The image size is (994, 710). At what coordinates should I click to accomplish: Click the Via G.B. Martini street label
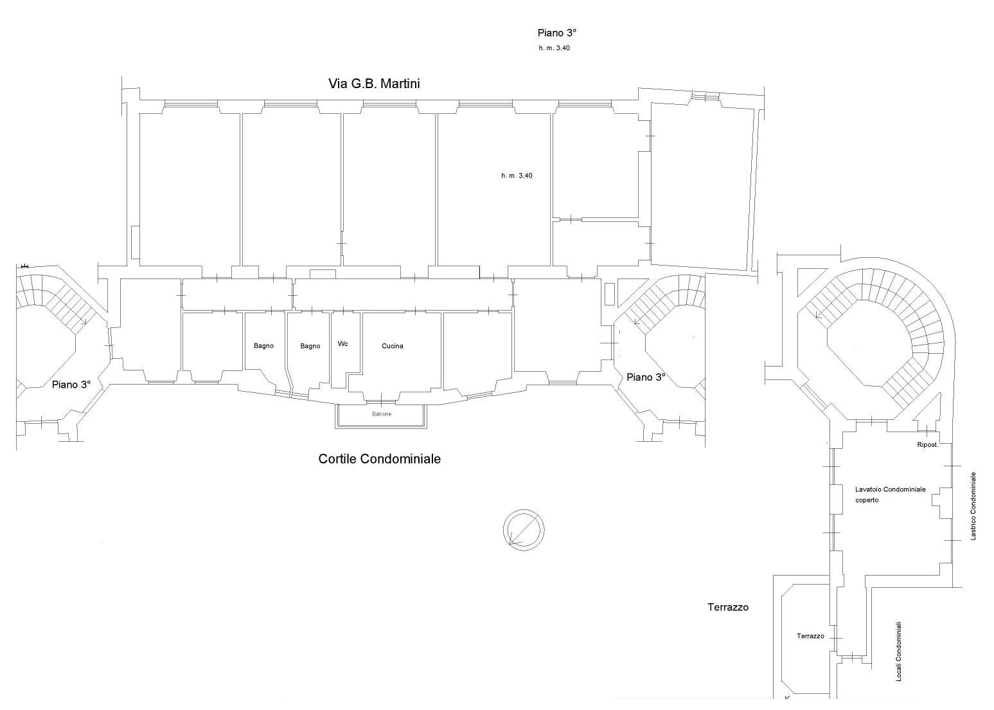pyautogui.click(x=374, y=84)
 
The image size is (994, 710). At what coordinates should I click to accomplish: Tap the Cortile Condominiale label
pyautogui.click(x=379, y=459)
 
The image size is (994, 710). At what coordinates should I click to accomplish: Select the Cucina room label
pyautogui.click(x=393, y=346)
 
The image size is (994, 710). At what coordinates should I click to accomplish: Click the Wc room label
pyautogui.click(x=342, y=343)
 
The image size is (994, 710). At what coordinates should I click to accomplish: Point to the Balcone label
pyautogui.click(x=382, y=414)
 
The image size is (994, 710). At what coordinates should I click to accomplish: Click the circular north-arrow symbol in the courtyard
pyautogui.click(x=524, y=530)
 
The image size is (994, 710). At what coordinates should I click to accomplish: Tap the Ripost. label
pyautogui.click(x=927, y=445)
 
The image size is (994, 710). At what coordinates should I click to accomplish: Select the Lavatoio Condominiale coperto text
pyautogui.click(x=890, y=495)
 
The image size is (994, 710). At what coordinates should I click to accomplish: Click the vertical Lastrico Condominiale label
pyautogui.click(x=973, y=505)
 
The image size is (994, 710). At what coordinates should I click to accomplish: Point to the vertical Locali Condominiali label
pyautogui.click(x=899, y=651)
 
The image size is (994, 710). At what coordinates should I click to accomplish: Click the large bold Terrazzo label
pyautogui.click(x=728, y=607)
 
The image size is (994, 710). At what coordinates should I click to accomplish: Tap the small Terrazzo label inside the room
pyautogui.click(x=810, y=636)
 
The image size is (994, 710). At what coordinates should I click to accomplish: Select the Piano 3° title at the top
pyautogui.click(x=557, y=33)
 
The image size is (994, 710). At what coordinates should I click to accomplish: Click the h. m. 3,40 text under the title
pyautogui.click(x=555, y=48)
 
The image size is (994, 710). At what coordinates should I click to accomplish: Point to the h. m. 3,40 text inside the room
pyautogui.click(x=517, y=176)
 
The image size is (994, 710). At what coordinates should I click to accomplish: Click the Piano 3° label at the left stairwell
pyautogui.click(x=71, y=385)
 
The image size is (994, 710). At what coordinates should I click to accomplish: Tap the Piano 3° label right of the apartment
pyautogui.click(x=646, y=378)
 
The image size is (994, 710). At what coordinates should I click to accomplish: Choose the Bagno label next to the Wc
pyautogui.click(x=310, y=346)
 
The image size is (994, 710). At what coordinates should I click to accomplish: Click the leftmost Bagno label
pyautogui.click(x=263, y=345)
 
